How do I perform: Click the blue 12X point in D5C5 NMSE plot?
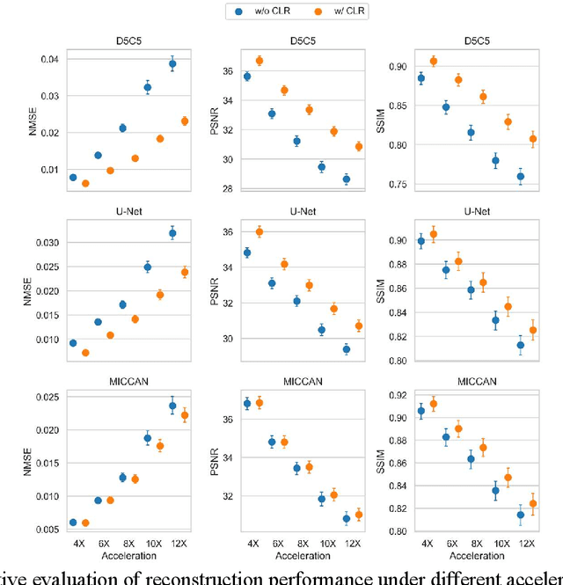pos(172,63)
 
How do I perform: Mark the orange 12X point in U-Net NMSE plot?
pos(185,272)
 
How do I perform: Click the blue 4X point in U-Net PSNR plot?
pos(247,252)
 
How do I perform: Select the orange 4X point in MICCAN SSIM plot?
pos(433,404)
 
